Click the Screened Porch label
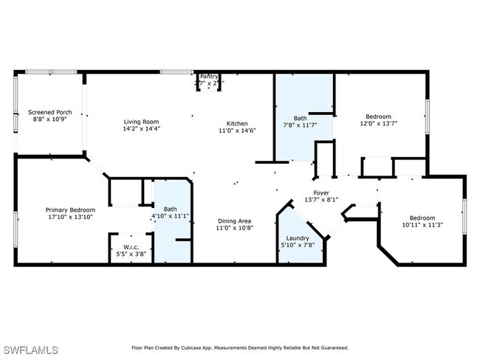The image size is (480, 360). coord(46,112)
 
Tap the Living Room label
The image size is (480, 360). coord(140,122)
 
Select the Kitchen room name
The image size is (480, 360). coord(236,122)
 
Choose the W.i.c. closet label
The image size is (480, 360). coord(131,246)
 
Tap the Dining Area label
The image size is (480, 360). coord(236,221)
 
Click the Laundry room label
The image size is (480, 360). coord(298,238)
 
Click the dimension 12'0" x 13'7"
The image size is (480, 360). coord(379,124)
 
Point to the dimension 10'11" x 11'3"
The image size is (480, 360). coord(422,226)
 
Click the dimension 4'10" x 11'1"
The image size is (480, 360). coord(171,216)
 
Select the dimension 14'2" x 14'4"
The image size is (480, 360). coord(140,130)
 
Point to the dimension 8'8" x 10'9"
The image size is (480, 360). coord(46,120)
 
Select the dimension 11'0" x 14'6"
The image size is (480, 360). coord(236,131)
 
